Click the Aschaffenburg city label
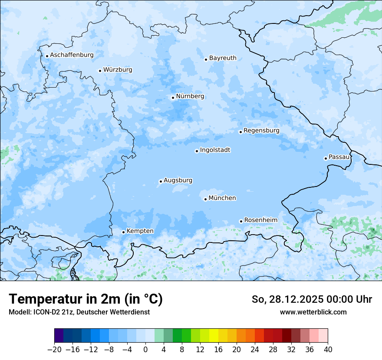[x=72, y=55]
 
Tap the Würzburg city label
[x=118, y=70]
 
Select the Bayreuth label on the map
[x=223, y=58]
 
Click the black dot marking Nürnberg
[x=173, y=98]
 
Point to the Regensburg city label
[x=261, y=131]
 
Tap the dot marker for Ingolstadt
[x=197, y=151]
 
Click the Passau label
[x=339, y=157]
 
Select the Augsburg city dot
[x=161, y=182]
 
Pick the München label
[x=222, y=198]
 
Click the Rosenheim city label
[x=260, y=220]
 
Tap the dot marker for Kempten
[x=123, y=232]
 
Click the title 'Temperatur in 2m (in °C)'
[x=86, y=299]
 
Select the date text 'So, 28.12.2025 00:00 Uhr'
[x=312, y=299]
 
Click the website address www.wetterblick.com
[x=313, y=312]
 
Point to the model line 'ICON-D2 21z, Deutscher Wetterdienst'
[x=79, y=312]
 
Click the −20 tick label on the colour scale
[x=55, y=349]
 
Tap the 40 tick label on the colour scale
[x=328, y=349]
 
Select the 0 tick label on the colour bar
[x=145, y=349]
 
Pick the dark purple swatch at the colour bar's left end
[x=59, y=336]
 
